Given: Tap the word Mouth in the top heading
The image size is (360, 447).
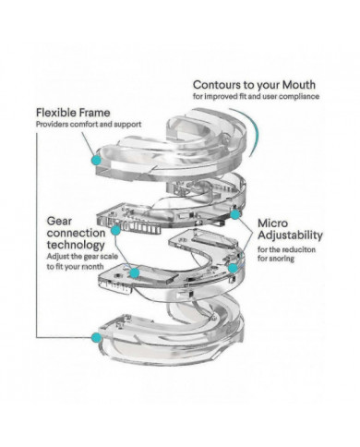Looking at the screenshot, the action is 299,85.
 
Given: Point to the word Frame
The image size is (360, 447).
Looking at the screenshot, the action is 94,113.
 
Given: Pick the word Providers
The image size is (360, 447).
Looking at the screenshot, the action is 52,125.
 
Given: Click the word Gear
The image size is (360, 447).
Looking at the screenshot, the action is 59,222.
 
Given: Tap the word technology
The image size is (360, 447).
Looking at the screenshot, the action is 76,245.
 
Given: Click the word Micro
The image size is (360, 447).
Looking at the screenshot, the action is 272,223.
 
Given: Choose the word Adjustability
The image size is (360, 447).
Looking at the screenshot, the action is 290,236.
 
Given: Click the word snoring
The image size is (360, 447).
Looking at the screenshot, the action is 282,259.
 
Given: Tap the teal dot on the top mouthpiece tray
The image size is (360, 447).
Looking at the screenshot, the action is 97,160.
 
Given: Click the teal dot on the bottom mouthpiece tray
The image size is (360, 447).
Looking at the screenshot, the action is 96,337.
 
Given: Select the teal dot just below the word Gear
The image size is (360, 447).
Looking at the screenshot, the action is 115,230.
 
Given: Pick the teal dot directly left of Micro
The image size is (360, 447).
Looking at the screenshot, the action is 234,214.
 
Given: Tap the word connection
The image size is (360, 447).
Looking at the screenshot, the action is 76,233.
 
